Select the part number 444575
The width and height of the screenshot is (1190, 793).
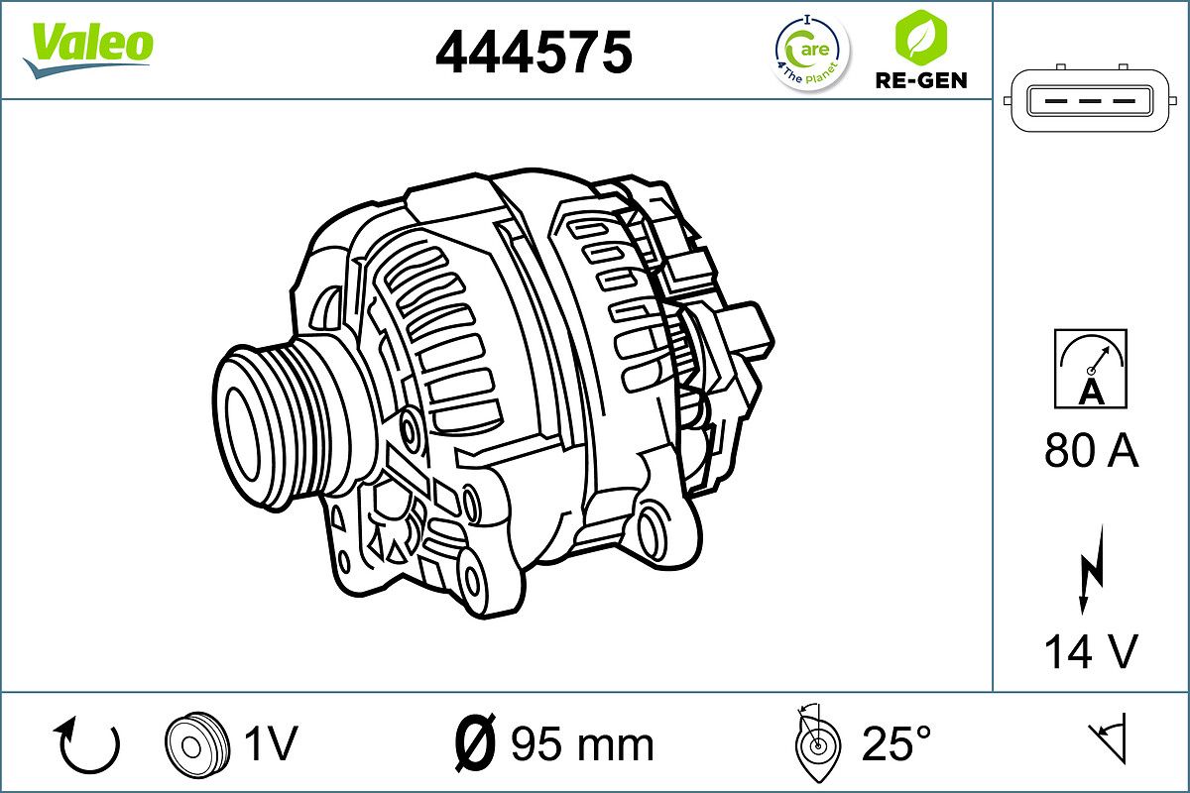click(534, 52)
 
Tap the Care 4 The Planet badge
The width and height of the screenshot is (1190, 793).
click(811, 52)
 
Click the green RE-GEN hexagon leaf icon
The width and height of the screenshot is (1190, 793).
click(919, 37)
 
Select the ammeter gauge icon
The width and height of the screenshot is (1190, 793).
click(1091, 369)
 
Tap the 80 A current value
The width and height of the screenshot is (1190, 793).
click(1091, 452)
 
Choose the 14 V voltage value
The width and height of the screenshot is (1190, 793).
click(1091, 652)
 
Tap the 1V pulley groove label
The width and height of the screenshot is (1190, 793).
click(271, 743)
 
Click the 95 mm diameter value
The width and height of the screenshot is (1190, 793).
click(582, 743)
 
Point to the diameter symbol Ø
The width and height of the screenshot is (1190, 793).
click(474, 743)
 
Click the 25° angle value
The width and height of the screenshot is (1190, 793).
click(896, 743)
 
